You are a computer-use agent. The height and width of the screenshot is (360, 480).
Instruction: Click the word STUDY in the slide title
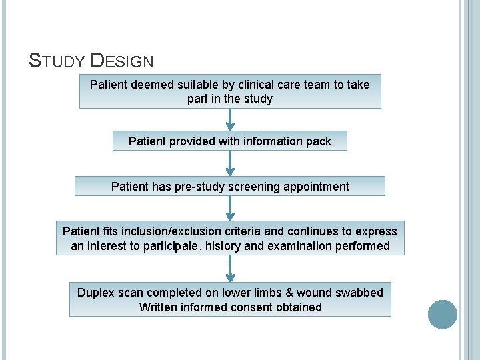click(x=57, y=61)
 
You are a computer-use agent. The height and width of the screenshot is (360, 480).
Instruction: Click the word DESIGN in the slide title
click(x=121, y=61)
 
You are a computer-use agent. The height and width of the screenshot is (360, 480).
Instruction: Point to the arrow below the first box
click(x=230, y=119)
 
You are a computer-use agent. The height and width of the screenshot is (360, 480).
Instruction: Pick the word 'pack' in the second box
click(x=317, y=141)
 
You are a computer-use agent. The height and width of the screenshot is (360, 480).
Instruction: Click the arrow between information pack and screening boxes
click(x=230, y=163)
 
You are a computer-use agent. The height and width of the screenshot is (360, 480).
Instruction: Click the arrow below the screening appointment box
click(x=230, y=207)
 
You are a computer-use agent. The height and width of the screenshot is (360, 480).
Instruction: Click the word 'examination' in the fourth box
click(x=289, y=246)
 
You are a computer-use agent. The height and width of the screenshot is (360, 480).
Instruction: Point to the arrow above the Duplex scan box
click(x=230, y=269)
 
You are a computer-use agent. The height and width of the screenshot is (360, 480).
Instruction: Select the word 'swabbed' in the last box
click(x=360, y=293)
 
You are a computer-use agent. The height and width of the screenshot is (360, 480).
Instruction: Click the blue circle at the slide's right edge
click(x=442, y=315)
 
